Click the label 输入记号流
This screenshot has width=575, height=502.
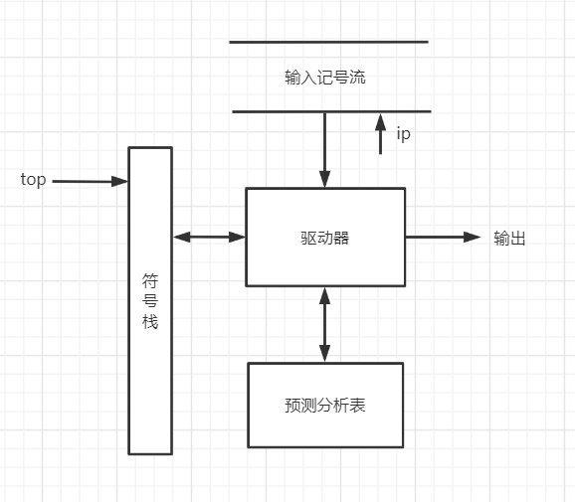(324, 77)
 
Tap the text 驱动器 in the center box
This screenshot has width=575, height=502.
(324, 238)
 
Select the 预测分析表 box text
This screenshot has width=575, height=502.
(324, 406)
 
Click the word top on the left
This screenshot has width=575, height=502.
(33, 180)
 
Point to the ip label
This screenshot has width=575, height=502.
(403, 134)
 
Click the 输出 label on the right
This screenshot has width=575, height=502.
(509, 238)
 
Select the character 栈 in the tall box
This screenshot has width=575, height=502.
(150, 322)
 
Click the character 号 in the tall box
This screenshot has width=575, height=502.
(150, 301)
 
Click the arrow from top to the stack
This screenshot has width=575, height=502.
(90, 181)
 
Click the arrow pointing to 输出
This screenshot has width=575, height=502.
(443, 237)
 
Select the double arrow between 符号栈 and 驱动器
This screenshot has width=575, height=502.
(209, 237)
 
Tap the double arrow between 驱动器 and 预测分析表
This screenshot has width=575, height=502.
(324, 324)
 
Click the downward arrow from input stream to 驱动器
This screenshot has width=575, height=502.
(324, 149)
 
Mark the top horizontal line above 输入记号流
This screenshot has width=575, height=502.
(328, 42)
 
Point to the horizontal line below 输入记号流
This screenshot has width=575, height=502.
(331, 111)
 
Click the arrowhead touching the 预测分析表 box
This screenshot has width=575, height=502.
(324, 355)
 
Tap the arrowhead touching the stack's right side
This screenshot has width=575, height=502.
(180, 237)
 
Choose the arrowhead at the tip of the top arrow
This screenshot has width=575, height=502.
(121, 181)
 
